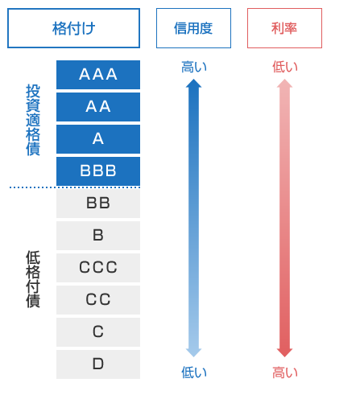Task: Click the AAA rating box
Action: [x=98, y=75]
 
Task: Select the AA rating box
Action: [x=98, y=107]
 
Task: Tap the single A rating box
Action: [x=98, y=139]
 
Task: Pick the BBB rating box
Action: [x=98, y=171]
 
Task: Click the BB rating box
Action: [x=98, y=204]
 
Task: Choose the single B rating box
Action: [x=98, y=236]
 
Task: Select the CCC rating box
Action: [x=98, y=268]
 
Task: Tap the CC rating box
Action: [x=98, y=300]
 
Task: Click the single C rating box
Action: [x=98, y=332]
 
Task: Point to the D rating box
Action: [x=98, y=364]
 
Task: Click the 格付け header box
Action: [x=73, y=28]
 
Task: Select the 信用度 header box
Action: [x=193, y=28]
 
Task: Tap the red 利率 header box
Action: [x=284, y=28]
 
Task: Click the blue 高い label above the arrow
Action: [x=194, y=67]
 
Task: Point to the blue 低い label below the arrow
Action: [x=194, y=372]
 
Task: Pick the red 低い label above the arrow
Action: [x=285, y=67]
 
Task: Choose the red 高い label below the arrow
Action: [x=285, y=372]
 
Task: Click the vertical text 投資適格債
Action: [x=33, y=120]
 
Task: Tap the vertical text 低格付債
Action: [x=33, y=279]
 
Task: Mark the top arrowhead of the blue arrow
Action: [x=193, y=80]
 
